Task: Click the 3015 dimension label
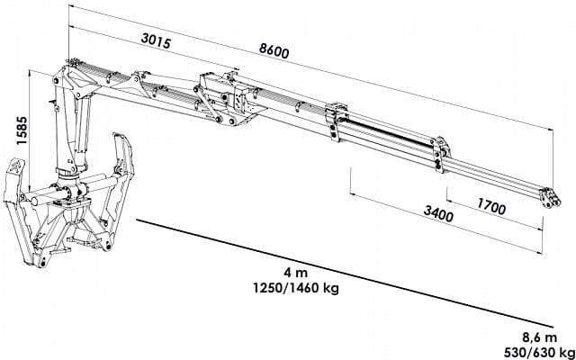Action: click(x=156, y=40)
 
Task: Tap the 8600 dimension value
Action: click(x=274, y=52)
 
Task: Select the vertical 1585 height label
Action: click(x=22, y=131)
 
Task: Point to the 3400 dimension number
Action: click(x=438, y=214)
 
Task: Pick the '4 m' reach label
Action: click(x=295, y=274)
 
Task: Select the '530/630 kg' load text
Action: click(x=539, y=353)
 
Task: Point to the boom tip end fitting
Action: click(x=550, y=198)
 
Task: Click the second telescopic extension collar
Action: click(x=440, y=154)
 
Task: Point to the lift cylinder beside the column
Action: click(x=82, y=132)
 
